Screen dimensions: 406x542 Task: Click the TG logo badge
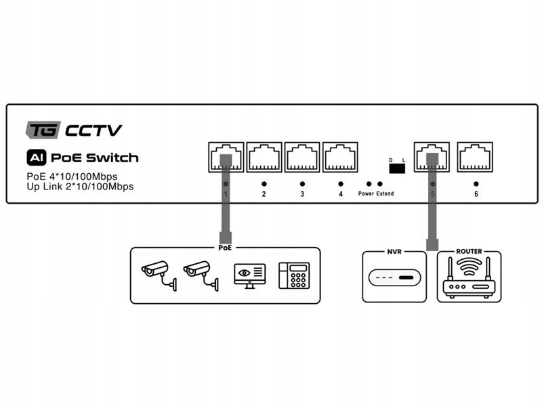click(x=43, y=129)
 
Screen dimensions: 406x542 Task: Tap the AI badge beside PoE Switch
click(x=35, y=158)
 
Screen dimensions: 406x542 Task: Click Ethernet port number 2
click(x=264, y=158)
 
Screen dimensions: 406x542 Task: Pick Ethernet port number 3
click(x=302, y=158)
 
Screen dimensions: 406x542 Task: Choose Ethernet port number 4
click(x=340, y=158)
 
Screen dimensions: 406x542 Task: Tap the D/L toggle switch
click(x=396, y=168)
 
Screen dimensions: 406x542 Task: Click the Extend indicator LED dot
click(x=381, y=184)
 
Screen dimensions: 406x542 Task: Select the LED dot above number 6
click(x=476, y=183)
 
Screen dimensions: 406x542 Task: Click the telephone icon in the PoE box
click(x=294, y=275)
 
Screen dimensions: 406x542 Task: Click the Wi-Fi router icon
click(x=469, y=278)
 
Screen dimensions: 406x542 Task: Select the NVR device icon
click(x=395, y=278)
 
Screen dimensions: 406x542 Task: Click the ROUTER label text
click(x=469, y=251)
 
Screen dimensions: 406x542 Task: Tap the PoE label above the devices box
click(x=226, y=248)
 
